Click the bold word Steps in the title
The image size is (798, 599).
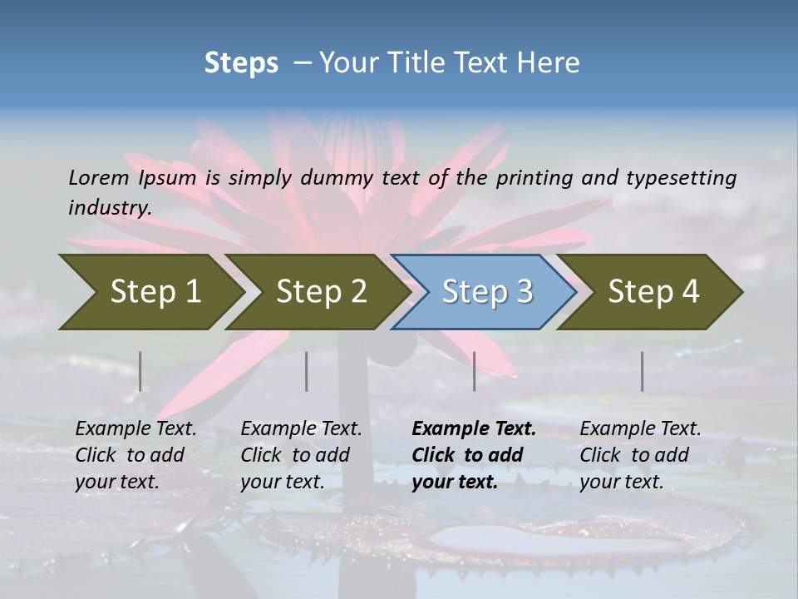tap(241, 63)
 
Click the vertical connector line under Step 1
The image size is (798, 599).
tap(140, 371)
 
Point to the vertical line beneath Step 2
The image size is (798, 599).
tap(307, 371)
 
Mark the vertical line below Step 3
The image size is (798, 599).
tap(474, 371)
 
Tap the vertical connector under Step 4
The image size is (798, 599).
tap(642, 371)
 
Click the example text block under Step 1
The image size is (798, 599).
tap(135, 455)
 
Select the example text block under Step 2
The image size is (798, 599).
tap(301, 455)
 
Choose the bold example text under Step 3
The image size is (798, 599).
tap(474, 455)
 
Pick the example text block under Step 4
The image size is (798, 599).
tap(640, 455)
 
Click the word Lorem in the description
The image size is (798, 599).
tap(98, 178)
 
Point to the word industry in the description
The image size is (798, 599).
tap(110, 208)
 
